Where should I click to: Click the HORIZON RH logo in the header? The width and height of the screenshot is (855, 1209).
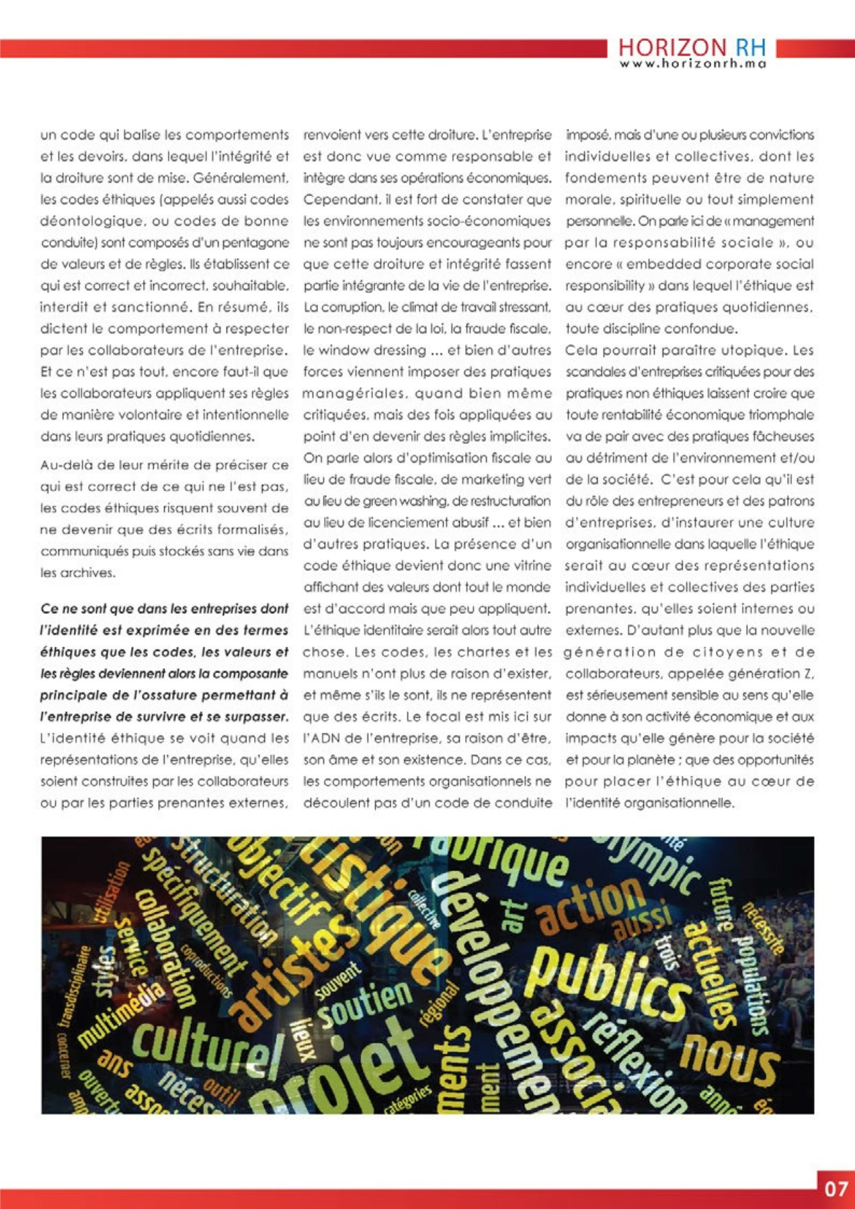[692, 48]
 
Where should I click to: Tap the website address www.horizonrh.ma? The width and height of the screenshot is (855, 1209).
[692, 64]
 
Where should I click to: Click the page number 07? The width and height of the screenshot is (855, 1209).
[836, 1189]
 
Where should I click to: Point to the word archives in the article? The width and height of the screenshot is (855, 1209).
[89, 573]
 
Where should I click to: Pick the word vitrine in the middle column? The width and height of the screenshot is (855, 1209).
[528, 566]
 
